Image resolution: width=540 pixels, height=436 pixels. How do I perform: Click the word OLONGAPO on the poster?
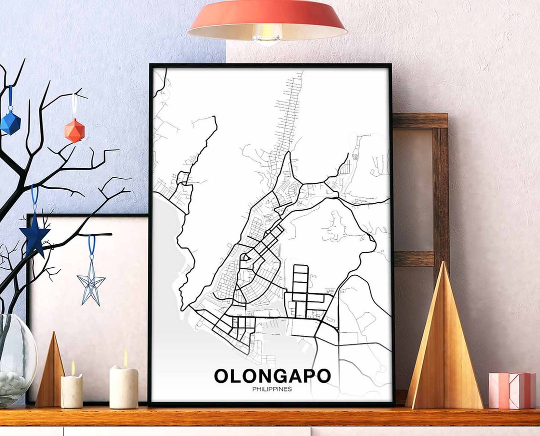click(x=272, y=375)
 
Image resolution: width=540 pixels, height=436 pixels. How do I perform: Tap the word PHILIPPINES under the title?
click(x=272, y=389)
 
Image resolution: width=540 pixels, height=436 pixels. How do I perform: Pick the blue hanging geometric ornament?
click(x=10, y=122)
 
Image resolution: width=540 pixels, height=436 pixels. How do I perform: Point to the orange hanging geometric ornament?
click(x=74, y=130)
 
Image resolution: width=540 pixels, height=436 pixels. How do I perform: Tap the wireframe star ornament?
click(x=91, y=284)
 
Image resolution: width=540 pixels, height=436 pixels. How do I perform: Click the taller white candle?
click(x=123, y=387)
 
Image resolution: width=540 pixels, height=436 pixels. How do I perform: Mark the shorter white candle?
click(x=71, y=391)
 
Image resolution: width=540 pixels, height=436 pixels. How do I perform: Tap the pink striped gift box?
click(x=512, y=390)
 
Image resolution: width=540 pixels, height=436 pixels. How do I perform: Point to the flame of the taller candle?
click(x=125, y=358)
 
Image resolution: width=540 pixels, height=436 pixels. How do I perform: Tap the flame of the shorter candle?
click(x=72, y=368)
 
